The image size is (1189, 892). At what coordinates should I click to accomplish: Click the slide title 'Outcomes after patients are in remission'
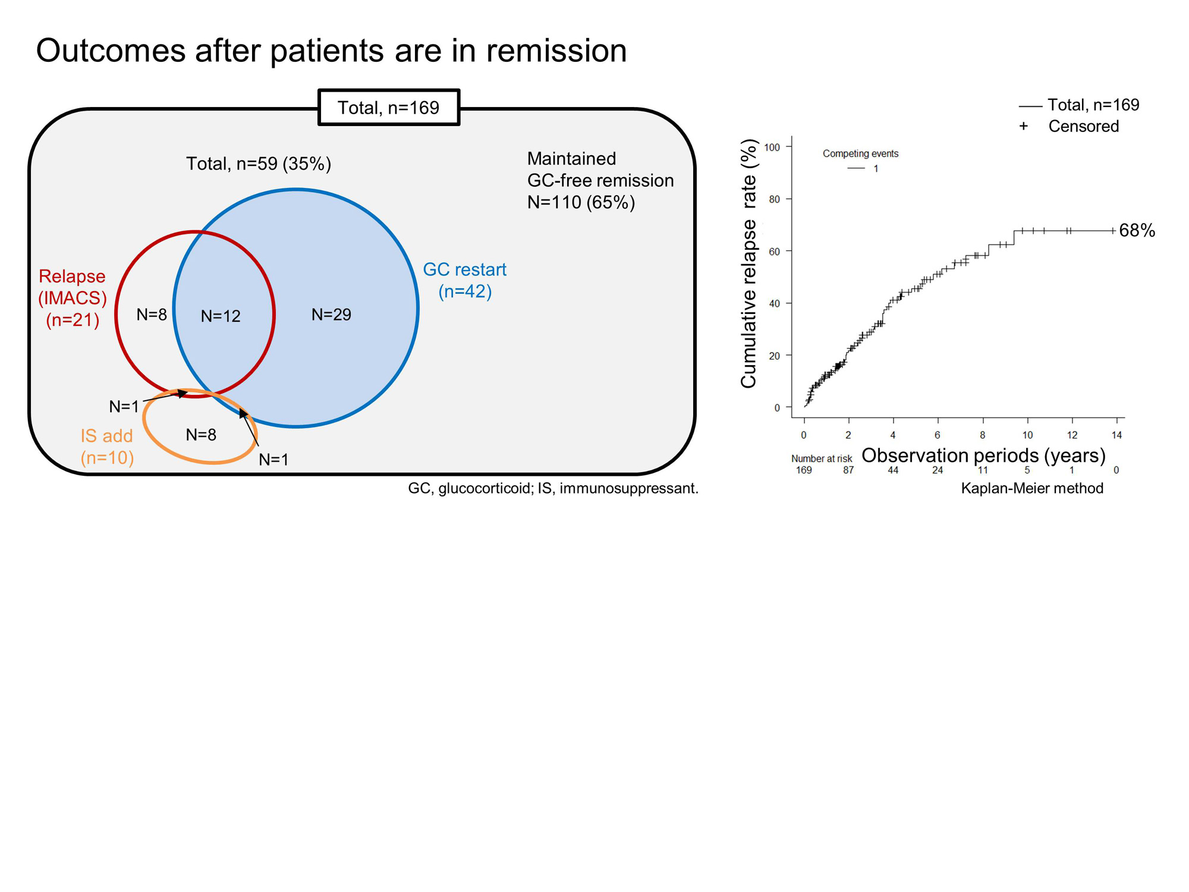click(x=331, y=51)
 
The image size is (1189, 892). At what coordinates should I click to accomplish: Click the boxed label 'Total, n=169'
click(x=388, y=108)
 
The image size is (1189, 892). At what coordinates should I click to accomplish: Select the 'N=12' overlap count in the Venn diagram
click(x=221, y=316)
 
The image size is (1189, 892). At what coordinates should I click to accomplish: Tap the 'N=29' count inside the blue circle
click(x=331, y=314)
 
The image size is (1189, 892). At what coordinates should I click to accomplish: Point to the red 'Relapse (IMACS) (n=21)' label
click(x=72, y=298)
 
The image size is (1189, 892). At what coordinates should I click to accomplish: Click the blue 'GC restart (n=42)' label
click(x=464, y=281)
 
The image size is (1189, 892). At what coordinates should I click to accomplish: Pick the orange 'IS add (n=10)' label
click(x=107, y=447)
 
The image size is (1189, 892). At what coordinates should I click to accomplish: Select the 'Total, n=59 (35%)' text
click(x=258, y=164)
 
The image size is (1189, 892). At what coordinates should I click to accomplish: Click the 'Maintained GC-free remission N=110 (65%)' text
click(x=600, y=180)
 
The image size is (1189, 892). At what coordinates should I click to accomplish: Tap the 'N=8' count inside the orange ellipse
click(x=201, y=435)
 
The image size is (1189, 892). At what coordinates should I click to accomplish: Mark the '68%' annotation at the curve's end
click(x=1137, y=231)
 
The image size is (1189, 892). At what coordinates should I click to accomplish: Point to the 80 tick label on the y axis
click(x=774, y=199)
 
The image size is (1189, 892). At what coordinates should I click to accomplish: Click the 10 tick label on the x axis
click(x=1027, y=435)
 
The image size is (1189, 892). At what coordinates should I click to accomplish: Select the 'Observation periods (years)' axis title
click(x=983, y=456)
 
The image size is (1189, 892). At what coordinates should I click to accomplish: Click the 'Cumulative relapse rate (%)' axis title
click(x=748, y=263)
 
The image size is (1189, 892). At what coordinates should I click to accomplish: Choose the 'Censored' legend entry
click(x=1083, y=126)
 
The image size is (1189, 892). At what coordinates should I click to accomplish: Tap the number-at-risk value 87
click(x=848, y=470)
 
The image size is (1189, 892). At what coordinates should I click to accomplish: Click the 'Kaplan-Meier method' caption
click(x=1032, y=488)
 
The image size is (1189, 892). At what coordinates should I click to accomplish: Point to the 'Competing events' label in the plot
click(x=860, y=153)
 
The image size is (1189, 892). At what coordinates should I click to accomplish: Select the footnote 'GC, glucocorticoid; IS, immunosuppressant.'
click(x=553, y=488)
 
